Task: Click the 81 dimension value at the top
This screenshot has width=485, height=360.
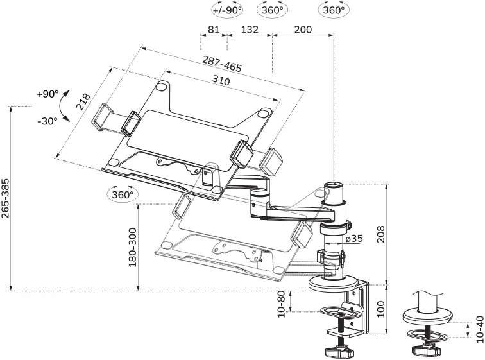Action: pyautogui.click(x=214, y=30)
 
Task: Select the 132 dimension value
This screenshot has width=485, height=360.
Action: pyautogui.click(x=250, y=30)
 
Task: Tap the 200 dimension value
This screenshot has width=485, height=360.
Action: pyautogui.click(x=303, y=30)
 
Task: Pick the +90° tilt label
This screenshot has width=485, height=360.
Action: pyautogui.click(x=47, y=94)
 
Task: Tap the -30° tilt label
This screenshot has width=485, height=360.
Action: pyautogui.click(x=47, y=120)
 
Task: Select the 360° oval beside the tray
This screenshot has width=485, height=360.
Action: pyautogui.click(x=122, y=194)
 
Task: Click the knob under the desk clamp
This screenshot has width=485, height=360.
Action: pyautogui.click(x=339, y=352)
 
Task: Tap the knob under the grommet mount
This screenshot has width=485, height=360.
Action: pyautogui.click(x=425, y=351)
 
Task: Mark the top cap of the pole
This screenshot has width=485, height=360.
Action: pyautogui.click(x=335, y=185)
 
